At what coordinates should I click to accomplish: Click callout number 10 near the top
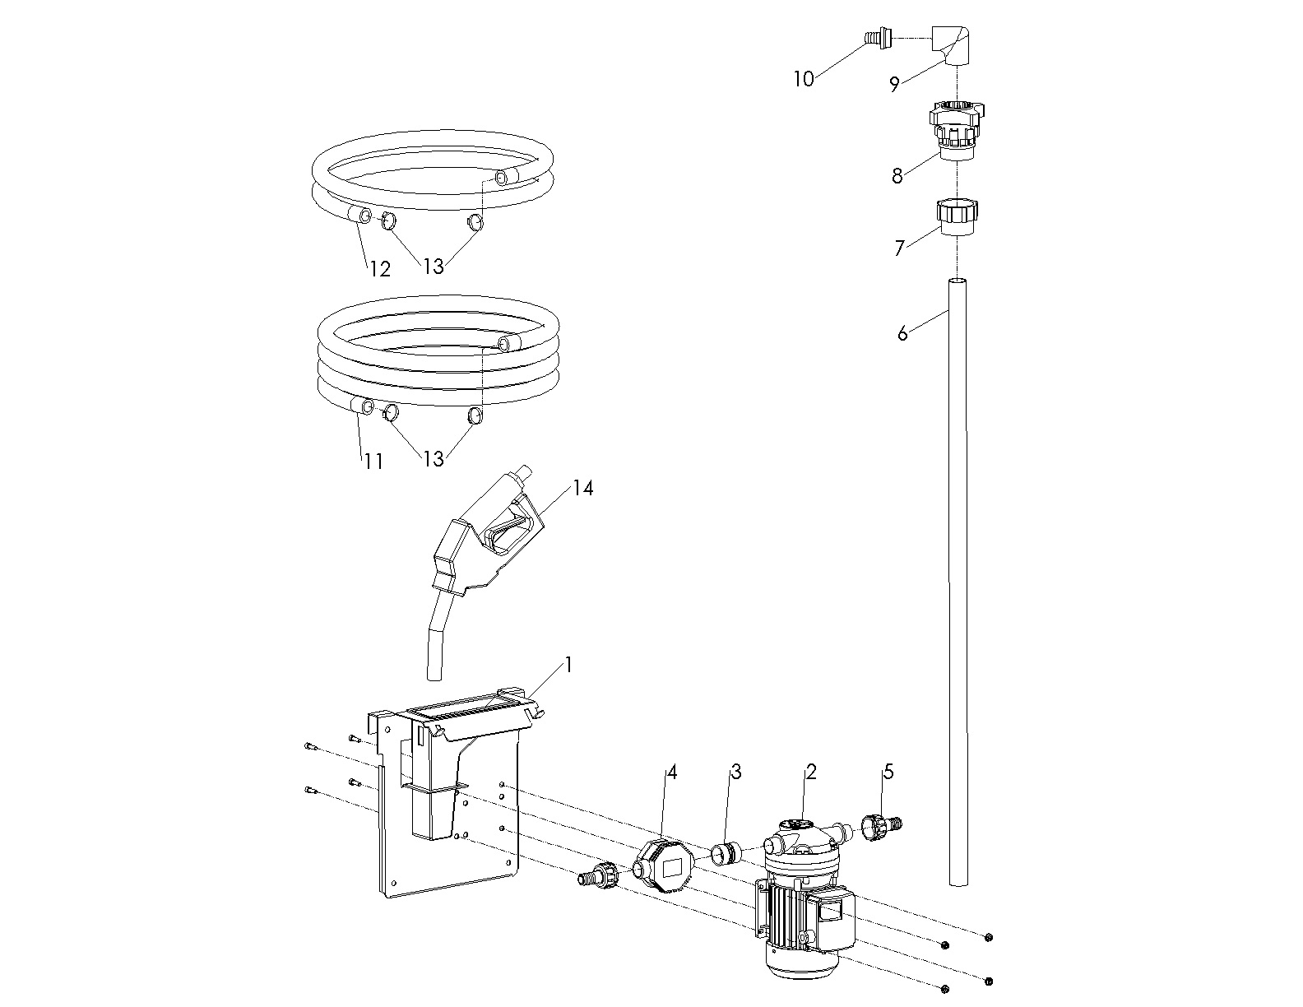click(x=804, y=78)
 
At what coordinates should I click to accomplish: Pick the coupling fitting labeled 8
click(x=957, y=131)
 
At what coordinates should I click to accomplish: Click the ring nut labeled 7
click(x=957, y=218)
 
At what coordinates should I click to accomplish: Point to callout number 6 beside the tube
click(x=902, y=333)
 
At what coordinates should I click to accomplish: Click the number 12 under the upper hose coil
click(x=379, y=269)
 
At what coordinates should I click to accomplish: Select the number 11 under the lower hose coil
click(x=373, y=461)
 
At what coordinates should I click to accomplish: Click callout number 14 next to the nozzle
click(x=583, y=488)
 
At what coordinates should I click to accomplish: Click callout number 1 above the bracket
click(x=568, y=665)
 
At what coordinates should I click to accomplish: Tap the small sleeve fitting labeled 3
click(x=726, y=853)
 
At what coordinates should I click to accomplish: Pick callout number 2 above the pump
click(x=811, y=772)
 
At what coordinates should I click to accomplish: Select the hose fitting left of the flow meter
click(x=598, y=876)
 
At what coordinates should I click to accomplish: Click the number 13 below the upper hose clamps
click(x=434, y=267)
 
